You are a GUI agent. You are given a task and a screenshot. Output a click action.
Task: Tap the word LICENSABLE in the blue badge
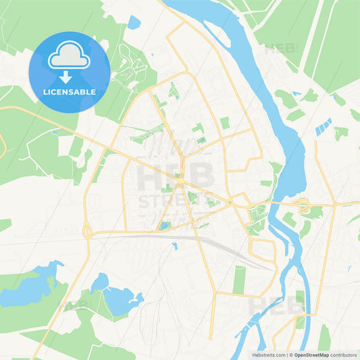(x=70, y=91)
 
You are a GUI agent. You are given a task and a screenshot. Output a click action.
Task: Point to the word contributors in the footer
(x=344, y=354)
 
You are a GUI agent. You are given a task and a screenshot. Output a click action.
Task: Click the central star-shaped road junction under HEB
(x=180, y=180)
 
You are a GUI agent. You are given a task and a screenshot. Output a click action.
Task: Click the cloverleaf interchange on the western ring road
(x=86, y=231)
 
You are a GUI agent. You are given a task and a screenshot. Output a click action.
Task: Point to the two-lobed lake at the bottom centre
(x=115, y=294)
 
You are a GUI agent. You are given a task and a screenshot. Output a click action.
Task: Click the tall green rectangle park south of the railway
(x=239, y=279)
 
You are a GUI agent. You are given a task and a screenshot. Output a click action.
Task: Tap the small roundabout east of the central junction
(x=230, y=202)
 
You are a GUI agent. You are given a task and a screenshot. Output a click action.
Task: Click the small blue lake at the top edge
(x=133, y=22)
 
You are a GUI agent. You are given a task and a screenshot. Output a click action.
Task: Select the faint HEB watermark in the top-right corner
(x=280, y=49)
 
